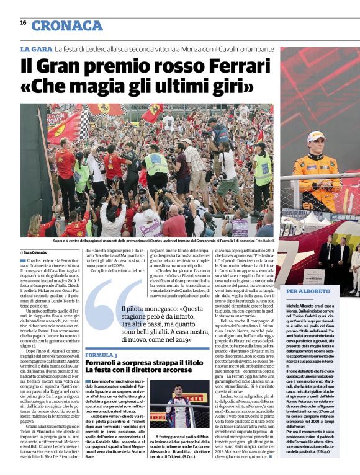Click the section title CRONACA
pos(67,25)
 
